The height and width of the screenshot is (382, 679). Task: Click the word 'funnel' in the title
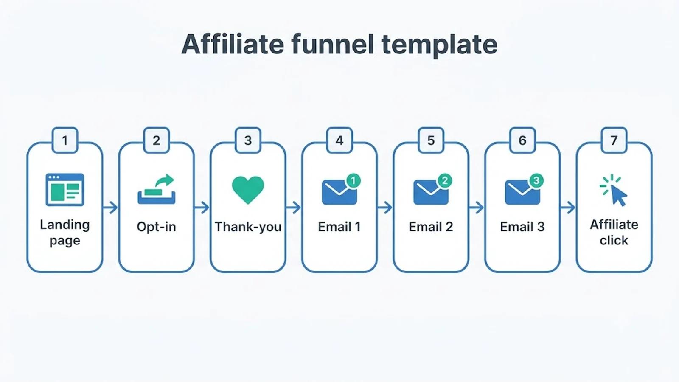(x=332, y=44)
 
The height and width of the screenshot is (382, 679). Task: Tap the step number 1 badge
(x=65, y=140)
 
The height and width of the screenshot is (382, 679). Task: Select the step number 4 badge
(x=339, y=140)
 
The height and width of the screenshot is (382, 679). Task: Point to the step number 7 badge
(x=614, y=140)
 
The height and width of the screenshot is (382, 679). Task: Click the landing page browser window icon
(x=65, y=190)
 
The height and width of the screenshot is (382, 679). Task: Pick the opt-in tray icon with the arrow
(x=157, y=189)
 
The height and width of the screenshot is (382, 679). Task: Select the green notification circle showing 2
(x=445, y=181)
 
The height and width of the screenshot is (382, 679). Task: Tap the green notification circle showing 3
(x=536, y=181)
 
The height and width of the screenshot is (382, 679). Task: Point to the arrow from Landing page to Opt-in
(x=110, y=208)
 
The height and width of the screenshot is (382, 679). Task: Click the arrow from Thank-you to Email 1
(x=293, y=208)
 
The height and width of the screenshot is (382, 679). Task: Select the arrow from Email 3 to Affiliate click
(x=568, y=208)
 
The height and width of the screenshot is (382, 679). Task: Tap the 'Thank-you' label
(x=248, y=227)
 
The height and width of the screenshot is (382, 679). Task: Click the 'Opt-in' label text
(x=157, y=227)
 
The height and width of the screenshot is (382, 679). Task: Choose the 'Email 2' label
(x=431, y=227)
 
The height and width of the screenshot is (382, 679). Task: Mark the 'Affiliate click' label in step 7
(x=614, y=233)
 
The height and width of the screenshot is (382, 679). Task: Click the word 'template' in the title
(x=440, y=45)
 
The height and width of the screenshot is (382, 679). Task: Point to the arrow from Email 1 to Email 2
(x=385, y=208)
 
